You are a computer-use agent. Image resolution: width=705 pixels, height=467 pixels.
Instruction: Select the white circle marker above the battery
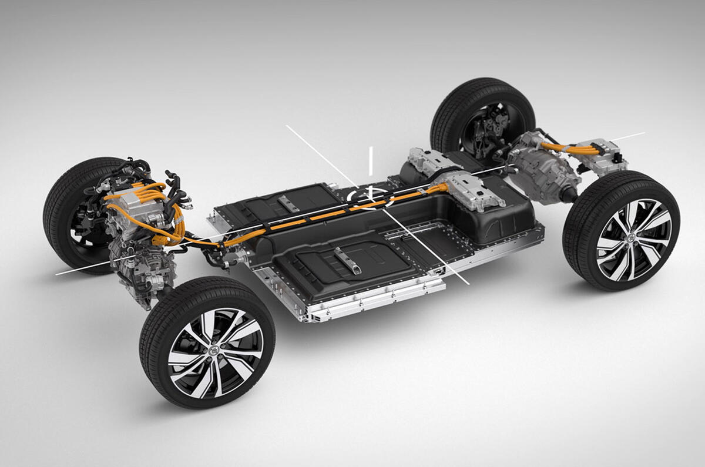pos(370,197)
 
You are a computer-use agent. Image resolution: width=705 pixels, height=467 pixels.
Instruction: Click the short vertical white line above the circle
pos(371,160)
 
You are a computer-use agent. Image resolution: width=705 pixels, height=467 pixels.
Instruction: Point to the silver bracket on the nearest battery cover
pos(347,259)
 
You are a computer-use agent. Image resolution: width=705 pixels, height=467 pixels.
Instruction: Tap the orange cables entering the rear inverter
pos(567,148)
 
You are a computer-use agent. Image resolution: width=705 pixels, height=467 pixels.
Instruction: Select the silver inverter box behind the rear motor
pos(602,154)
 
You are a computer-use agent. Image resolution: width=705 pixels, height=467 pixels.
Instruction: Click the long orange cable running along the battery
pos(329,214)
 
